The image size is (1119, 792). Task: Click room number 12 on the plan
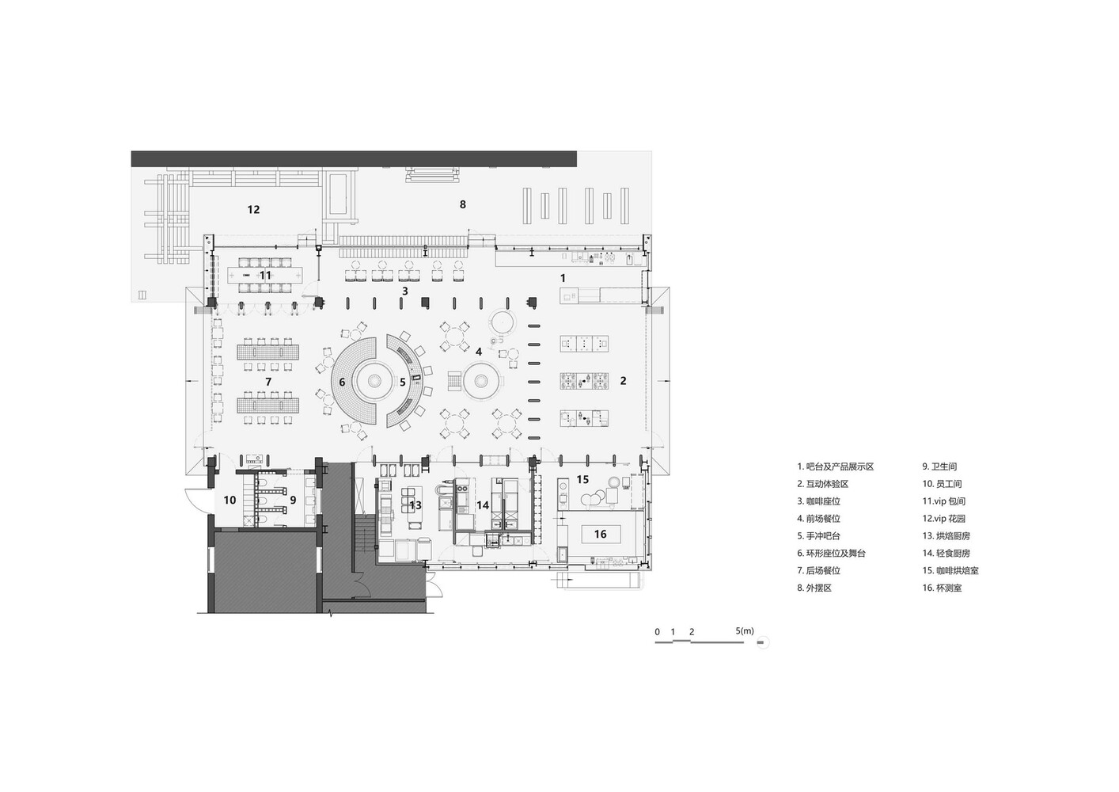[x=253, y=210]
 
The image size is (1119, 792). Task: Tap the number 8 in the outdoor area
[x=463, y=204]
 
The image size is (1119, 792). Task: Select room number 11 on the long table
[x=265, y=276]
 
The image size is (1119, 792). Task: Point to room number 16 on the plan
[x=600, y=535]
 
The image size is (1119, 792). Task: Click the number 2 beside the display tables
[x=623, y=381]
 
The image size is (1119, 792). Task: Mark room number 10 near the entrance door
[x=229, y=500]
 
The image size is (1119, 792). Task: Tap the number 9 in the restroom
[x=292, y=500]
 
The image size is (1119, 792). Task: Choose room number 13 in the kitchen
[x=415, y=505]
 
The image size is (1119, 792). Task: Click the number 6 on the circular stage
[x=342, y=382]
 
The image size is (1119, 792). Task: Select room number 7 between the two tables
[x=268, y=382]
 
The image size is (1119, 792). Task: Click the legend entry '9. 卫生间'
[x=939, y=467]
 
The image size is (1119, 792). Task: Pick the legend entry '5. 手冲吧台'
[x=818, y=536]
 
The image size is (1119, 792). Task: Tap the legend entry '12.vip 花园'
[x=943, y=519]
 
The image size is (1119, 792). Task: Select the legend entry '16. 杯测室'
[x=942, y=588]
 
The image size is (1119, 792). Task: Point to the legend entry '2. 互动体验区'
[x=822, y=484]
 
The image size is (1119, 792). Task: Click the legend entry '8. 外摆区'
[x=814, y=588]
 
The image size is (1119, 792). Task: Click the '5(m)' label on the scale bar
[x=744, y=631]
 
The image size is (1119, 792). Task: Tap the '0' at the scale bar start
[x=657, y=632]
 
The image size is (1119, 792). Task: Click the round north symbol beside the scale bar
[x=761, y=642]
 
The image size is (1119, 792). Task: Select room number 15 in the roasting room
[x=582, y=480]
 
